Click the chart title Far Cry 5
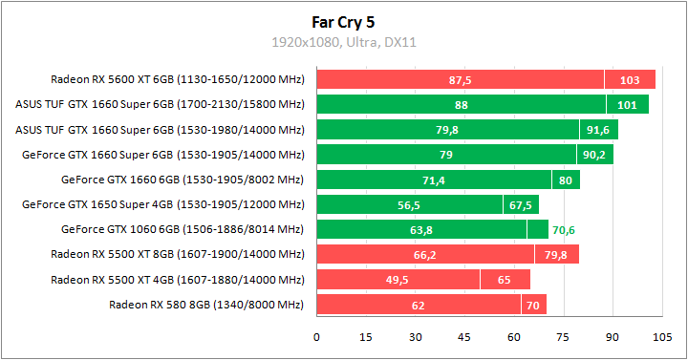344,20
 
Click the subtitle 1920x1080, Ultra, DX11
344,42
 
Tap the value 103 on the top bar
630,79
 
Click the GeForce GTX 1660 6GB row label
183,180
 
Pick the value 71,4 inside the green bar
434,180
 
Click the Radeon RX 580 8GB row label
206,305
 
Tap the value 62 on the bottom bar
419,305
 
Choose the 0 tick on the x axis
317,337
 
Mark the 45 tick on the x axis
464,337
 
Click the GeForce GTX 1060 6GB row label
183,229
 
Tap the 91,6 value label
599,130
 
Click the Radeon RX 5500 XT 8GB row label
177,254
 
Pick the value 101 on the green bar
627,104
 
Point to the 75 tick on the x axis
563,337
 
